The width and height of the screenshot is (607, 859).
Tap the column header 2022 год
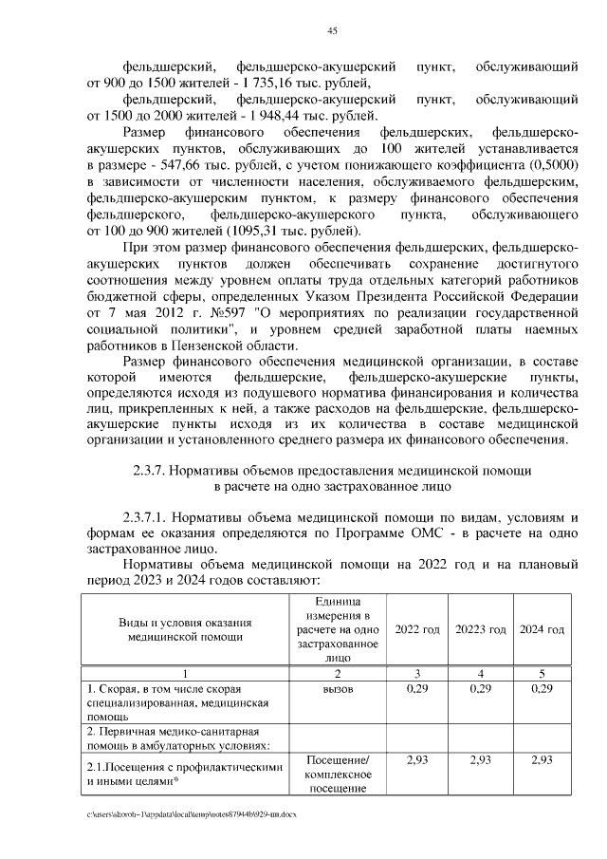[x=417, y=629]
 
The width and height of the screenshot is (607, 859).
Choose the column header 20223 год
[x=481, y=629]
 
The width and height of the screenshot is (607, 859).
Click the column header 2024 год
[x=543, y=629]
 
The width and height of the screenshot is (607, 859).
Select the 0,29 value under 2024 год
[x=543, y=688]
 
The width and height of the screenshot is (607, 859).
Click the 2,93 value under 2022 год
[x=417, y=760]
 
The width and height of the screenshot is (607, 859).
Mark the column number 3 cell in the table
[x=417, y=673]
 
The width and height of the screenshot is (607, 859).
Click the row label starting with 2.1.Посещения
[x=185, y=768]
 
